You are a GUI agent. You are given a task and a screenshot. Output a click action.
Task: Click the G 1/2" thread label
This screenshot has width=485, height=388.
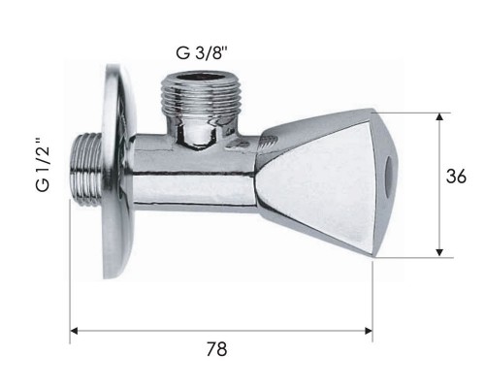(44, 165)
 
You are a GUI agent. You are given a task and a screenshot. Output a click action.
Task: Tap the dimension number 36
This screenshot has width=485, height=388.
(456, 177)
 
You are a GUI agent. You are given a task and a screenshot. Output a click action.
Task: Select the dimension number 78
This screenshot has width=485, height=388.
(216, 349)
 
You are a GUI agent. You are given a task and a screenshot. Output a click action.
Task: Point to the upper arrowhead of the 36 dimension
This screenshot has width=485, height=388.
(439, 116)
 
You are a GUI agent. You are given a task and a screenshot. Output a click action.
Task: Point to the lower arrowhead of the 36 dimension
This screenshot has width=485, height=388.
(439, 252)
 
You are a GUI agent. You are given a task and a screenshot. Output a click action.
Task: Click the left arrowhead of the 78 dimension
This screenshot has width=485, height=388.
(74, 331)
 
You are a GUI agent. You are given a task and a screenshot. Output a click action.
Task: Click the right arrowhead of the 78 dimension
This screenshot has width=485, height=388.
(369, 331)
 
